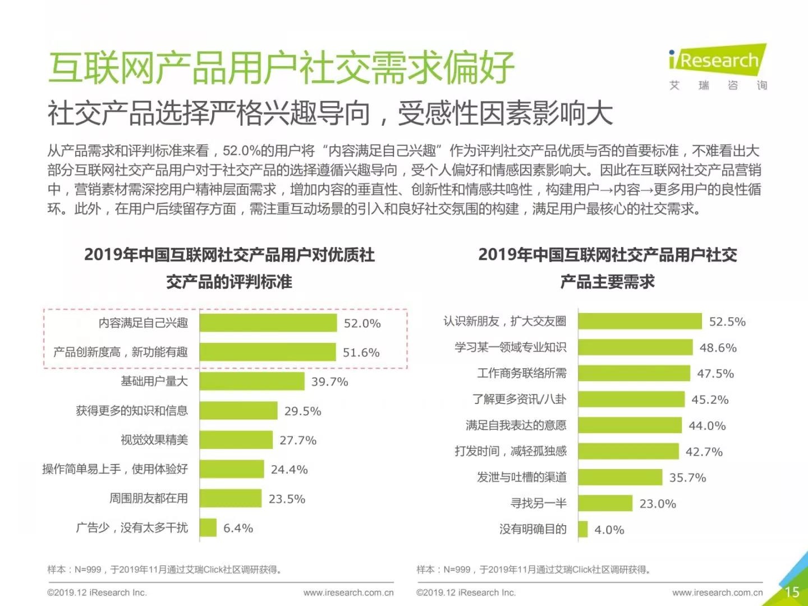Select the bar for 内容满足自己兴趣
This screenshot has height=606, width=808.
pos(268,323)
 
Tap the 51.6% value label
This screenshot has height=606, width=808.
pos(361,352)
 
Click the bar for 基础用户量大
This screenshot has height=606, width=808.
pos(252,382)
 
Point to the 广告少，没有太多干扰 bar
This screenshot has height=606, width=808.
pos(208,527)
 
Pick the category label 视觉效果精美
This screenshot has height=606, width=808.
pos(154,440)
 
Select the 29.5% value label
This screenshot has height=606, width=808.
pos(302,411)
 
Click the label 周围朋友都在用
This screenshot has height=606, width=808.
pos(149,498)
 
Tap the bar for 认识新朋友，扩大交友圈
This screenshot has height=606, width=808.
pos(640,321)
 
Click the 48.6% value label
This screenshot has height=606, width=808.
pos(718,348)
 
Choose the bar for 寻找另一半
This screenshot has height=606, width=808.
pos(605,503)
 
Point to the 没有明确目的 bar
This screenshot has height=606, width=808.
pos(583,529)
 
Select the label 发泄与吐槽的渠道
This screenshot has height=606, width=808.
pos(522,477)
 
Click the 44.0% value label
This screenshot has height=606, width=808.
pos(707,426)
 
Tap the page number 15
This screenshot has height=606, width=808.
pos(792,591)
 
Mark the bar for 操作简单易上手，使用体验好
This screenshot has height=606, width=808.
pos(232,469)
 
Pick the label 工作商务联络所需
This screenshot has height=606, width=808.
pos(522,373)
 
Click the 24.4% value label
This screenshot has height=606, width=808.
pos(289,470)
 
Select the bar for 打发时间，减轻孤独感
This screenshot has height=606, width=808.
pos(628,451)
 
